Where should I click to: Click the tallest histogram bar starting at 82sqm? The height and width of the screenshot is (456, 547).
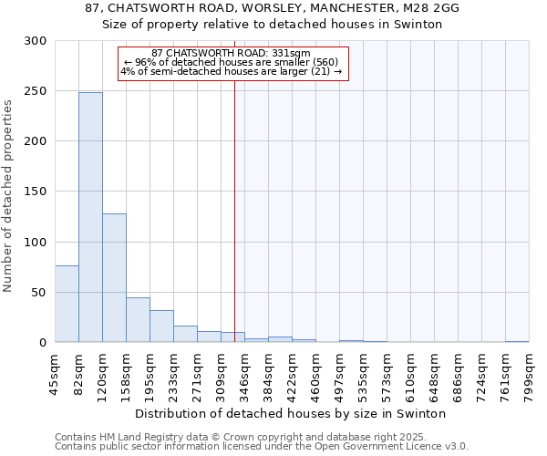(x=90, y=217)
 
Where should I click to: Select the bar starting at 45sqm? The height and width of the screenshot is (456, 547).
(x=67, y=304)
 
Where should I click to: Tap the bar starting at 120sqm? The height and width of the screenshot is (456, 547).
(x=114, y=277)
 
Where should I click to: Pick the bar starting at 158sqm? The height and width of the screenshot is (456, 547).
(x=138, y=319)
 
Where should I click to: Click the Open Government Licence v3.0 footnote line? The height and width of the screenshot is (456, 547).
(x=262, y=447)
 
